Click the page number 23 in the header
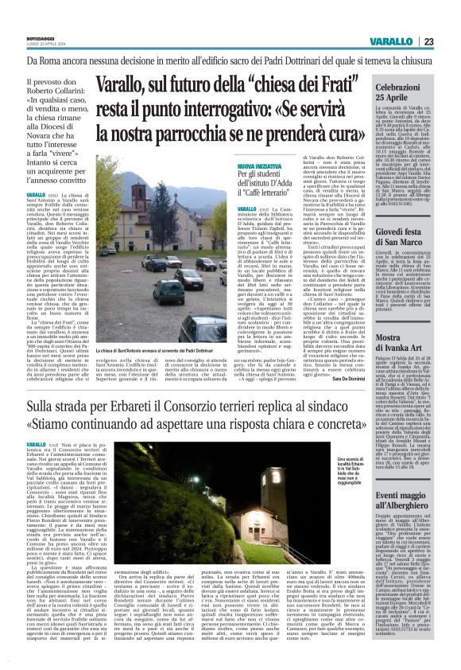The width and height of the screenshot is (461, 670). click(450, 42)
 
